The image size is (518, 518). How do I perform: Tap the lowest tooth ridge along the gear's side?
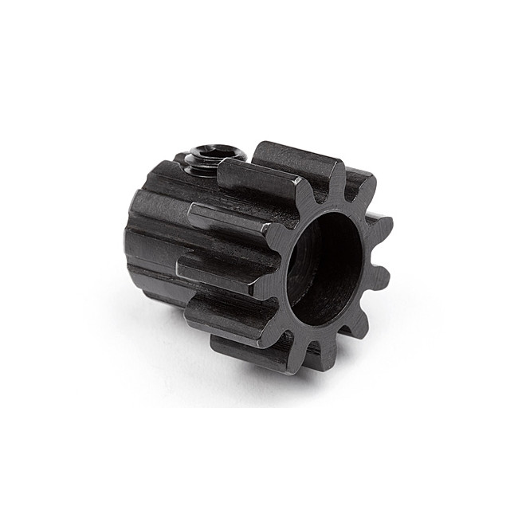[255, 351]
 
